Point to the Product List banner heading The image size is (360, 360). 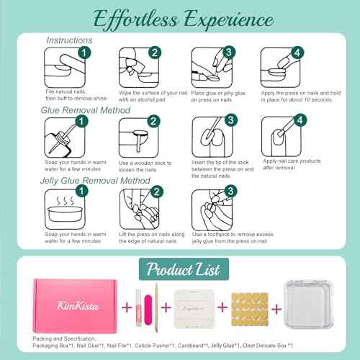180,268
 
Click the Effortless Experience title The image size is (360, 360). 180,17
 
